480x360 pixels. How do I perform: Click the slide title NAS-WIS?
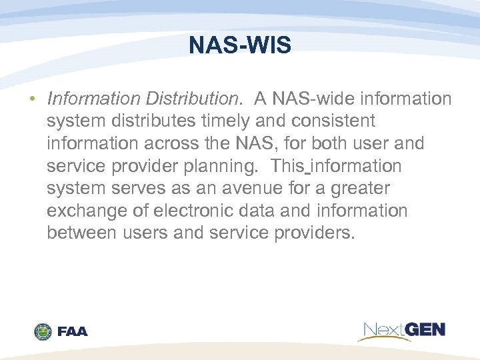point(240,45)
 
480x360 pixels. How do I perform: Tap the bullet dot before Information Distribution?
point(31,99)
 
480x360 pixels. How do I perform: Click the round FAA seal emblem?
point(43,331)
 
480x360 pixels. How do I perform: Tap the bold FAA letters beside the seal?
point(73,331)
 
